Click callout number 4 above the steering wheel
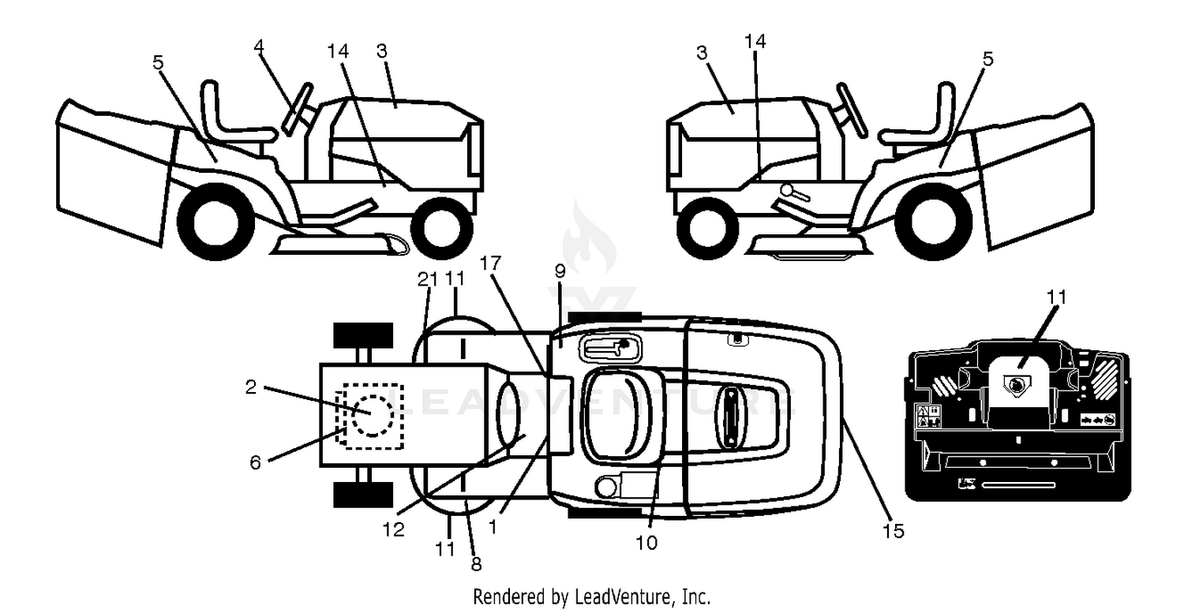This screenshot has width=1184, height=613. click(258, 47)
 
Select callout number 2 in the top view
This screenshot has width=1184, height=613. click(251, 387)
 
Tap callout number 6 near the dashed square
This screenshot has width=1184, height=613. click(255, 463)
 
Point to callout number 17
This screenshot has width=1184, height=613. click(490, 264)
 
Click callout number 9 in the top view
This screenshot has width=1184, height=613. click(560, 271)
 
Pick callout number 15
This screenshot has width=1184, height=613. click(894, 531)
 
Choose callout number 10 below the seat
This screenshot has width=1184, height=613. click(646, 543)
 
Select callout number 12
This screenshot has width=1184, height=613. click(394, 529)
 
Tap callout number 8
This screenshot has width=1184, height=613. click(476, 565)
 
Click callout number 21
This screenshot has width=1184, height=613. click(428, 279)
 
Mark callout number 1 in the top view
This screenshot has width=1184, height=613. click(493, 527)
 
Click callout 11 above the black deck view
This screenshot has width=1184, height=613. click(1057, 297)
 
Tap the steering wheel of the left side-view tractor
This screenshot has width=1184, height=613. click(297, 110)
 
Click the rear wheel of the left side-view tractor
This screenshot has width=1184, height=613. click(215, 222)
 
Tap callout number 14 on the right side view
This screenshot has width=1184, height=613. click(755, 41)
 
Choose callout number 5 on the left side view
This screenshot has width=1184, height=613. click(158, 62)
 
